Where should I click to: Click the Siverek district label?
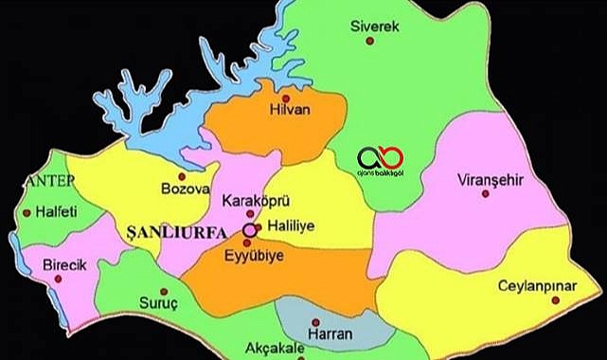point(375,26)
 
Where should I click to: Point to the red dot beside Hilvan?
point(286,97)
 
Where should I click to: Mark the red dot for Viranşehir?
point(485,193)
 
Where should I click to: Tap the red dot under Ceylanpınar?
point(556,300)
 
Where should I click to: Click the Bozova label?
point(186,189)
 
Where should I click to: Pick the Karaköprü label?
point(254,201)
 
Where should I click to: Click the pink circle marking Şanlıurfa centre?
point(249,229)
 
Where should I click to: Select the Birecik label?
point(65,266)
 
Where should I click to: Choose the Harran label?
point(331,333)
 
